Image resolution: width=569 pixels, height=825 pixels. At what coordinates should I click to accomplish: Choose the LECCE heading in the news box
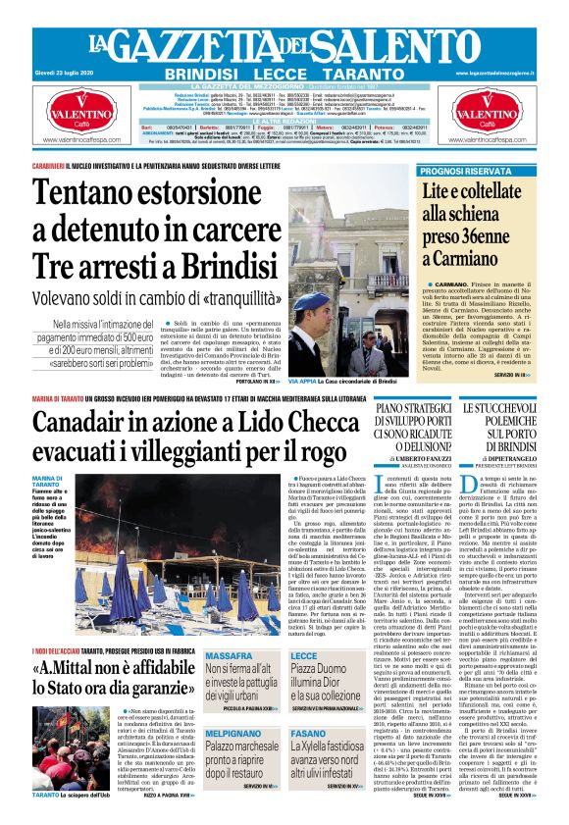[x=304, y=654]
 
